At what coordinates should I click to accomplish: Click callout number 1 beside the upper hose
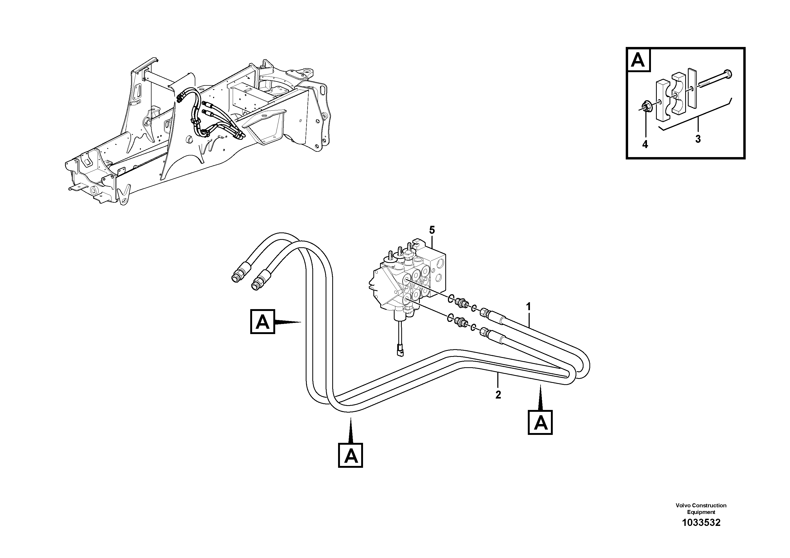pos(529,306)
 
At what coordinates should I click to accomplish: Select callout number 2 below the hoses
pos(498,395)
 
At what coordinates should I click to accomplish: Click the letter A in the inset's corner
pos(638,61)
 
